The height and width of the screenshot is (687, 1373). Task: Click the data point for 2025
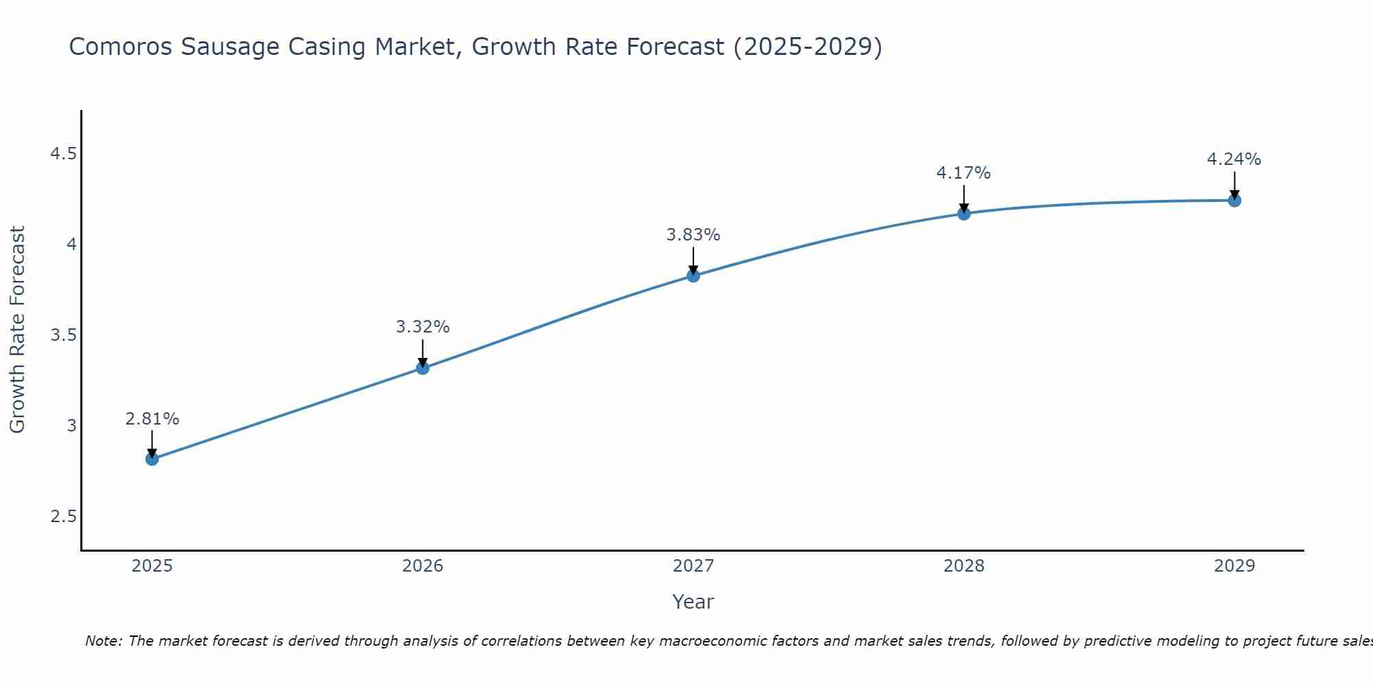pyautogui.click(x=152, y=459)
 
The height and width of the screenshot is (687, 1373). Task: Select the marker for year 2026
pyautogui.click(x=423, y=368)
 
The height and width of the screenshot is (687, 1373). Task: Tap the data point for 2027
pyautogui.click(x=693, y=276)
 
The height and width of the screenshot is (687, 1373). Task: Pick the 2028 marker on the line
pyautogui.click(x=964, y=214)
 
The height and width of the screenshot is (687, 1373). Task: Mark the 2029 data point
pyautogui.click(x=1234, y=201)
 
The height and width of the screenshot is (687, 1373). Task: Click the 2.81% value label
pyautogui.click(x=152, y=419)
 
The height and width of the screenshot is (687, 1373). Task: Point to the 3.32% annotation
pyautogui.click(x=423, y=327)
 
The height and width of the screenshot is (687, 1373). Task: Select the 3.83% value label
pyautogui.click(x=693, y=235)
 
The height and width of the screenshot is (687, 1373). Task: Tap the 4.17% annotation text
pyautogui.click(x=964, y=173)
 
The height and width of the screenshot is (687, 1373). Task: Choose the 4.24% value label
pyautogui.click(x=1234, y=159)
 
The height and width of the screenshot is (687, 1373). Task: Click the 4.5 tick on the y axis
pyautogui.click(x=63, y=154)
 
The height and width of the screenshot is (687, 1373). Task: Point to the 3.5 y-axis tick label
pyautogui.click(x=63, y=335)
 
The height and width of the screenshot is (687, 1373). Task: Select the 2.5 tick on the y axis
pyautogui.click(x=63, y=517)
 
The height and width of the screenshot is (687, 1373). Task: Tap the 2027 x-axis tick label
pyautogui.click(x=693, y=566)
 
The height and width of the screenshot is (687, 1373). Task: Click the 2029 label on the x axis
pyautogui.click(x=1234, y=566)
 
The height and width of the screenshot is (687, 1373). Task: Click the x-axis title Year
pyautogui.click(x=693, y=602)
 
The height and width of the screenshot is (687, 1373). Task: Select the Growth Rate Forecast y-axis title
pyautogui.click(x=18, y=330)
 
